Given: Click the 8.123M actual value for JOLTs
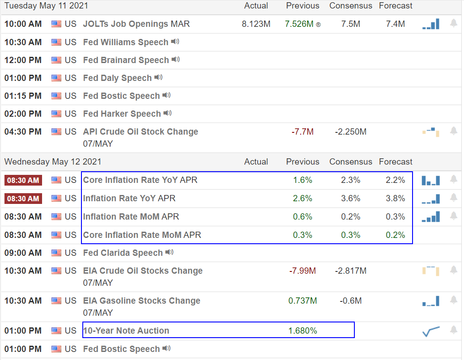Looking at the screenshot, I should click(x=256, y=24).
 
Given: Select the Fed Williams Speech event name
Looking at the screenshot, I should click(x=125, y=42).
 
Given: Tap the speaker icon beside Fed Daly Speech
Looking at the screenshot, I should click(x=158, y=77).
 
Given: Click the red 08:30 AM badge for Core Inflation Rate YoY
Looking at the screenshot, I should click(x=23, y=180).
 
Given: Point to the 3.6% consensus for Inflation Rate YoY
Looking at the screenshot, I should click(x=350, y=198).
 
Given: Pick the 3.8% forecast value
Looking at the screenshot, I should click(x=396, y=198).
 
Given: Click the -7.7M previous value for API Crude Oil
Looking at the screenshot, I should click(x=302, y=131).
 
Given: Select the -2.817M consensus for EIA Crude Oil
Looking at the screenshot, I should click(x=350, y=271).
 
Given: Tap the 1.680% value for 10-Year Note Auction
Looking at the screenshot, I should click(x=302, y=331).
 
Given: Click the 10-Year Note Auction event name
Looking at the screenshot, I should click(x=126, y=331).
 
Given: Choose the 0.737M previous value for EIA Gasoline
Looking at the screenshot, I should click(x=302, y=301).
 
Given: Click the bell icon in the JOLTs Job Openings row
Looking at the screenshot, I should click(x=453, y=23).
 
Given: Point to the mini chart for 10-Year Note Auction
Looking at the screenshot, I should click(x=431, y=331).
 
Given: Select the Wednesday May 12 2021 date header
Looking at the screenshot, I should click(x=53, y=161).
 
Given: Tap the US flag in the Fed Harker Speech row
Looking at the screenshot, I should click(x=56, y=114).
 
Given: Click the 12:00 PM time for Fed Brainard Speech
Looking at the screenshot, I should click(x=23, y=60).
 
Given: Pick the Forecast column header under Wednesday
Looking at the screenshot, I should click(x=396, y=161).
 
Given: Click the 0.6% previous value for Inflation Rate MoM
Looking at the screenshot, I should click(x=302, y=216).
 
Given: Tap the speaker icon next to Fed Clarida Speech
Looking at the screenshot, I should click(x=169, y=252).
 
